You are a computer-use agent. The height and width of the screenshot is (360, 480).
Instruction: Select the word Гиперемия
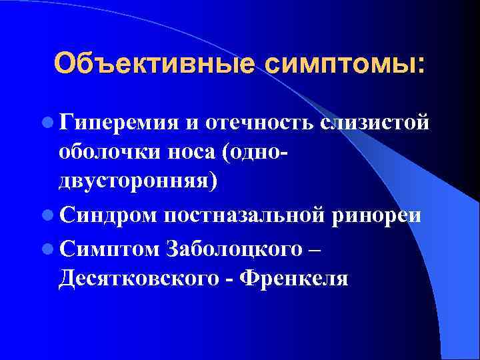117,123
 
